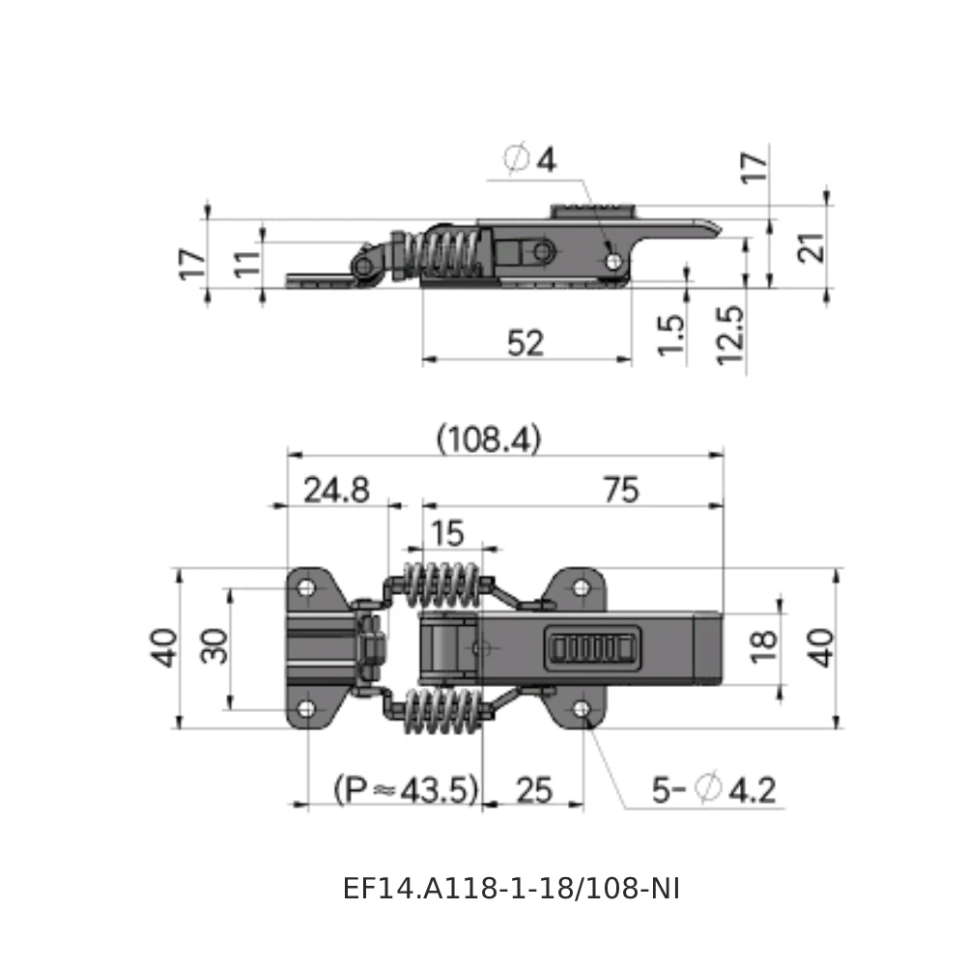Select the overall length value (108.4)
(x=489, y=440)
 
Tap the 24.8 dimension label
(x=335, y=490)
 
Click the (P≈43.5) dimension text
(x=406, y=790)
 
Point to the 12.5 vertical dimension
(x=731, y=333)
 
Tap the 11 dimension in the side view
(x=248, y=263)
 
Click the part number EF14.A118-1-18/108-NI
(x=511, y=889)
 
